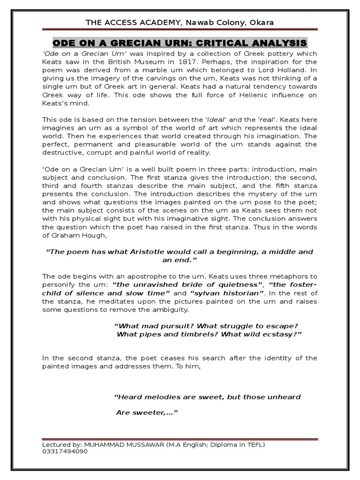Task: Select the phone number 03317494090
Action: click(x=64, y=451)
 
